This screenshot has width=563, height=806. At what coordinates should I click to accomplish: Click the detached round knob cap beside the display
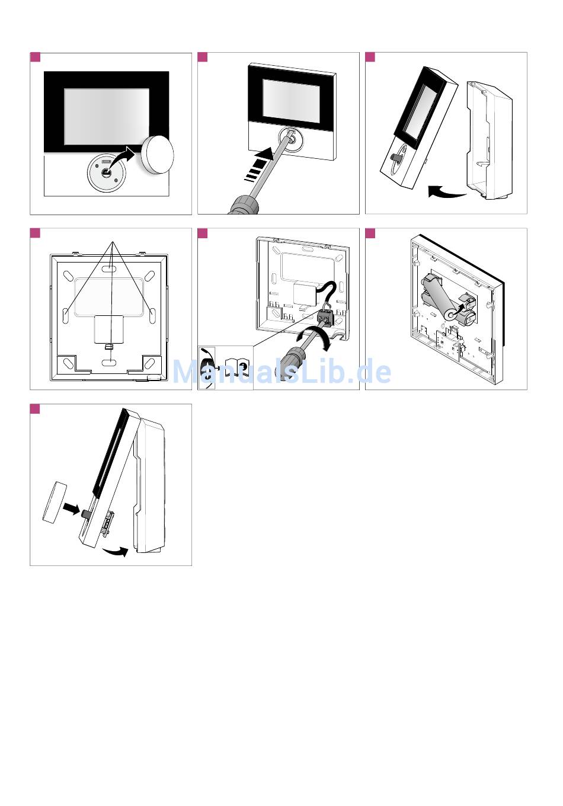pos(158,155)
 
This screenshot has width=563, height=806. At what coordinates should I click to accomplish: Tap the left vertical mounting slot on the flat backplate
pos(66,314)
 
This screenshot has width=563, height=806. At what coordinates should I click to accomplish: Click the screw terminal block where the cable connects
pos(325,316)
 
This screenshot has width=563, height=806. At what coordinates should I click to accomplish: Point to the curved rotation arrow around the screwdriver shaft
pos(312,338)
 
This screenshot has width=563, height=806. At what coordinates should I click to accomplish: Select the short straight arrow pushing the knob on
pos(71,508)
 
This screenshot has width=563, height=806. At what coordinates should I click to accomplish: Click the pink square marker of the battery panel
pos(370,233)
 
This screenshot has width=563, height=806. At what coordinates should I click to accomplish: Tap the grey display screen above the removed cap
pos(107,116)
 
